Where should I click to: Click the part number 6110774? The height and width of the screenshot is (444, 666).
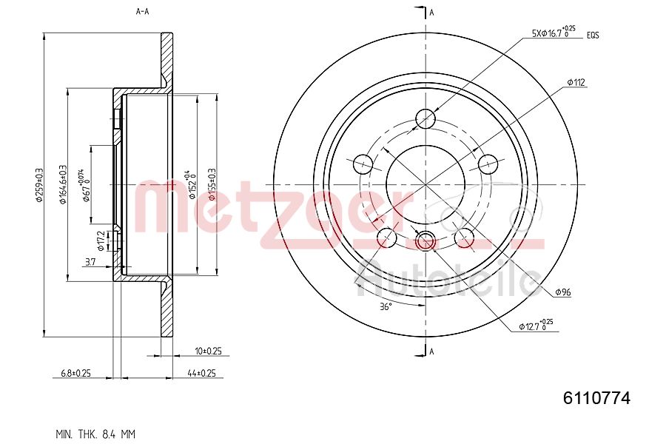[x=596, y=398]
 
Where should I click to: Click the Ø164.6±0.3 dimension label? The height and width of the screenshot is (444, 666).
[x=63, y=184]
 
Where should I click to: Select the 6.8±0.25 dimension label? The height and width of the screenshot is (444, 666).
[x=75, y=374]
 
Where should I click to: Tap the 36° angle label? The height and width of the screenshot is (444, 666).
[x=385, y=306]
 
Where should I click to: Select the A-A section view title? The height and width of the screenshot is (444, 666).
[x=143, y=12]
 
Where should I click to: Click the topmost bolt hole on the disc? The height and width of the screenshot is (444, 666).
[x=426, y=118]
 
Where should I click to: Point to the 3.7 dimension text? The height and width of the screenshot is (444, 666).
[x=90, y=262]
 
